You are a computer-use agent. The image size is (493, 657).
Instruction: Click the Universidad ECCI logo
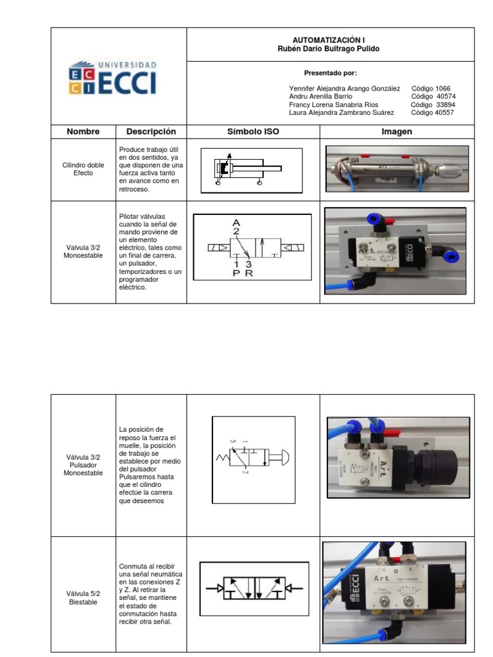[112, 78]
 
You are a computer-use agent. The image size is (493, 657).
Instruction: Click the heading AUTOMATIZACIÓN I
[330, 40]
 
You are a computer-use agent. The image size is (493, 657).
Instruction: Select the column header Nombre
[83, 132]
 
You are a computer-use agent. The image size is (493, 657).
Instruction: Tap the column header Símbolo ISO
[253, 132]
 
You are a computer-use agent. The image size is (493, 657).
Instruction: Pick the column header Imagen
[397, 132]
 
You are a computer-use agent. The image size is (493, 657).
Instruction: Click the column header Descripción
[151, 132]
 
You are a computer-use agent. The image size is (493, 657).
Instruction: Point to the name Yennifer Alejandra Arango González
[345, 89]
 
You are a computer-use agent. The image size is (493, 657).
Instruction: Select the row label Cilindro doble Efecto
[83, 169]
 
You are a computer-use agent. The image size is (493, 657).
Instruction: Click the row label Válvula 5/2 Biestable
[83, 598]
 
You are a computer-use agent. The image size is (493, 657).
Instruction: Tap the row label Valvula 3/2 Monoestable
[83, 251]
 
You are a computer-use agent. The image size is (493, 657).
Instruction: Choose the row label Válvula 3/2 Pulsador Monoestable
[83, 465]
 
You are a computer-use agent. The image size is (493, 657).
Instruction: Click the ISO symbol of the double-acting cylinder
[251, 170]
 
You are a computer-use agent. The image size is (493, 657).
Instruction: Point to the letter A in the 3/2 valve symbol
[236, 223]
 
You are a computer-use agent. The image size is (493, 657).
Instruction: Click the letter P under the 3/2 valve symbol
[236, 272]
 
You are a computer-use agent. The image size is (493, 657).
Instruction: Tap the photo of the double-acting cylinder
[397, 169]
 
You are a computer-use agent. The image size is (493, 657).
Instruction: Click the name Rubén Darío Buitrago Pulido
[330, 49]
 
